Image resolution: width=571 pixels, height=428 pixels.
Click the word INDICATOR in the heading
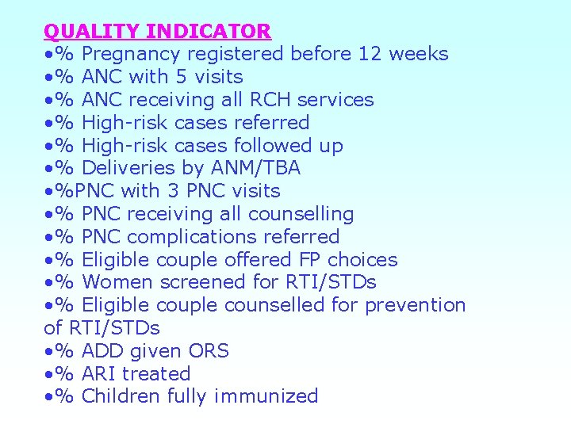tap(209, 32)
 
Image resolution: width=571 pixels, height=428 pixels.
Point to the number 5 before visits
tap(190, 77)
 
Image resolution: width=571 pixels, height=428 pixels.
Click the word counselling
tap(301, 214)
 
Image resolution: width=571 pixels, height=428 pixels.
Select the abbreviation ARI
tap(98, 373)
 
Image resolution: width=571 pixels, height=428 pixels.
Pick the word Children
tap(120, 396)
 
